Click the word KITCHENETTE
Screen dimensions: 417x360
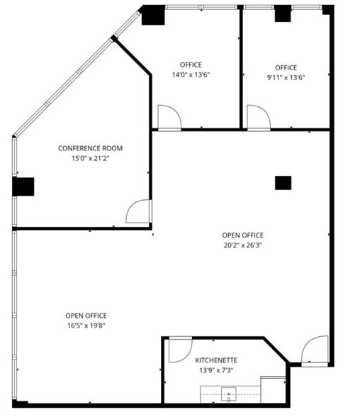[x=216, y=360]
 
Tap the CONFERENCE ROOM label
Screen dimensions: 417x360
[x=90, y=148]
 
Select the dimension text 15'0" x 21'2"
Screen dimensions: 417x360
[x=90, y=159]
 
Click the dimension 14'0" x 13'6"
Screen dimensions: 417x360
[x=191, y=74]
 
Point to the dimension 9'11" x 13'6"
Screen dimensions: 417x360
[x=286, y=78]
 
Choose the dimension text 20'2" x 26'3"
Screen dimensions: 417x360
[x=242, y=246]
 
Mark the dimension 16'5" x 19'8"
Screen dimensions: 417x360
[x=86, y=326]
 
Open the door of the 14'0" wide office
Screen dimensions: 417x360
[x=169, y=118]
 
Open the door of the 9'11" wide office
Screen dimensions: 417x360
[x=257, y=118]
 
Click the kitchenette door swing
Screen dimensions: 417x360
[x=178, y=350]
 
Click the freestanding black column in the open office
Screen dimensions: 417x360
[x=283, y=182]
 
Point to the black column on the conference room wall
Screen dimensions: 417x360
[x=23, y=187]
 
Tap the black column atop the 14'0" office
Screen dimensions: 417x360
[x=152, y=15]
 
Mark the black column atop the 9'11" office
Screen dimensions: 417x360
[x=283, y=13]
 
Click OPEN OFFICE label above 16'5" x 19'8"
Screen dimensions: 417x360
[x=86, y=316]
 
